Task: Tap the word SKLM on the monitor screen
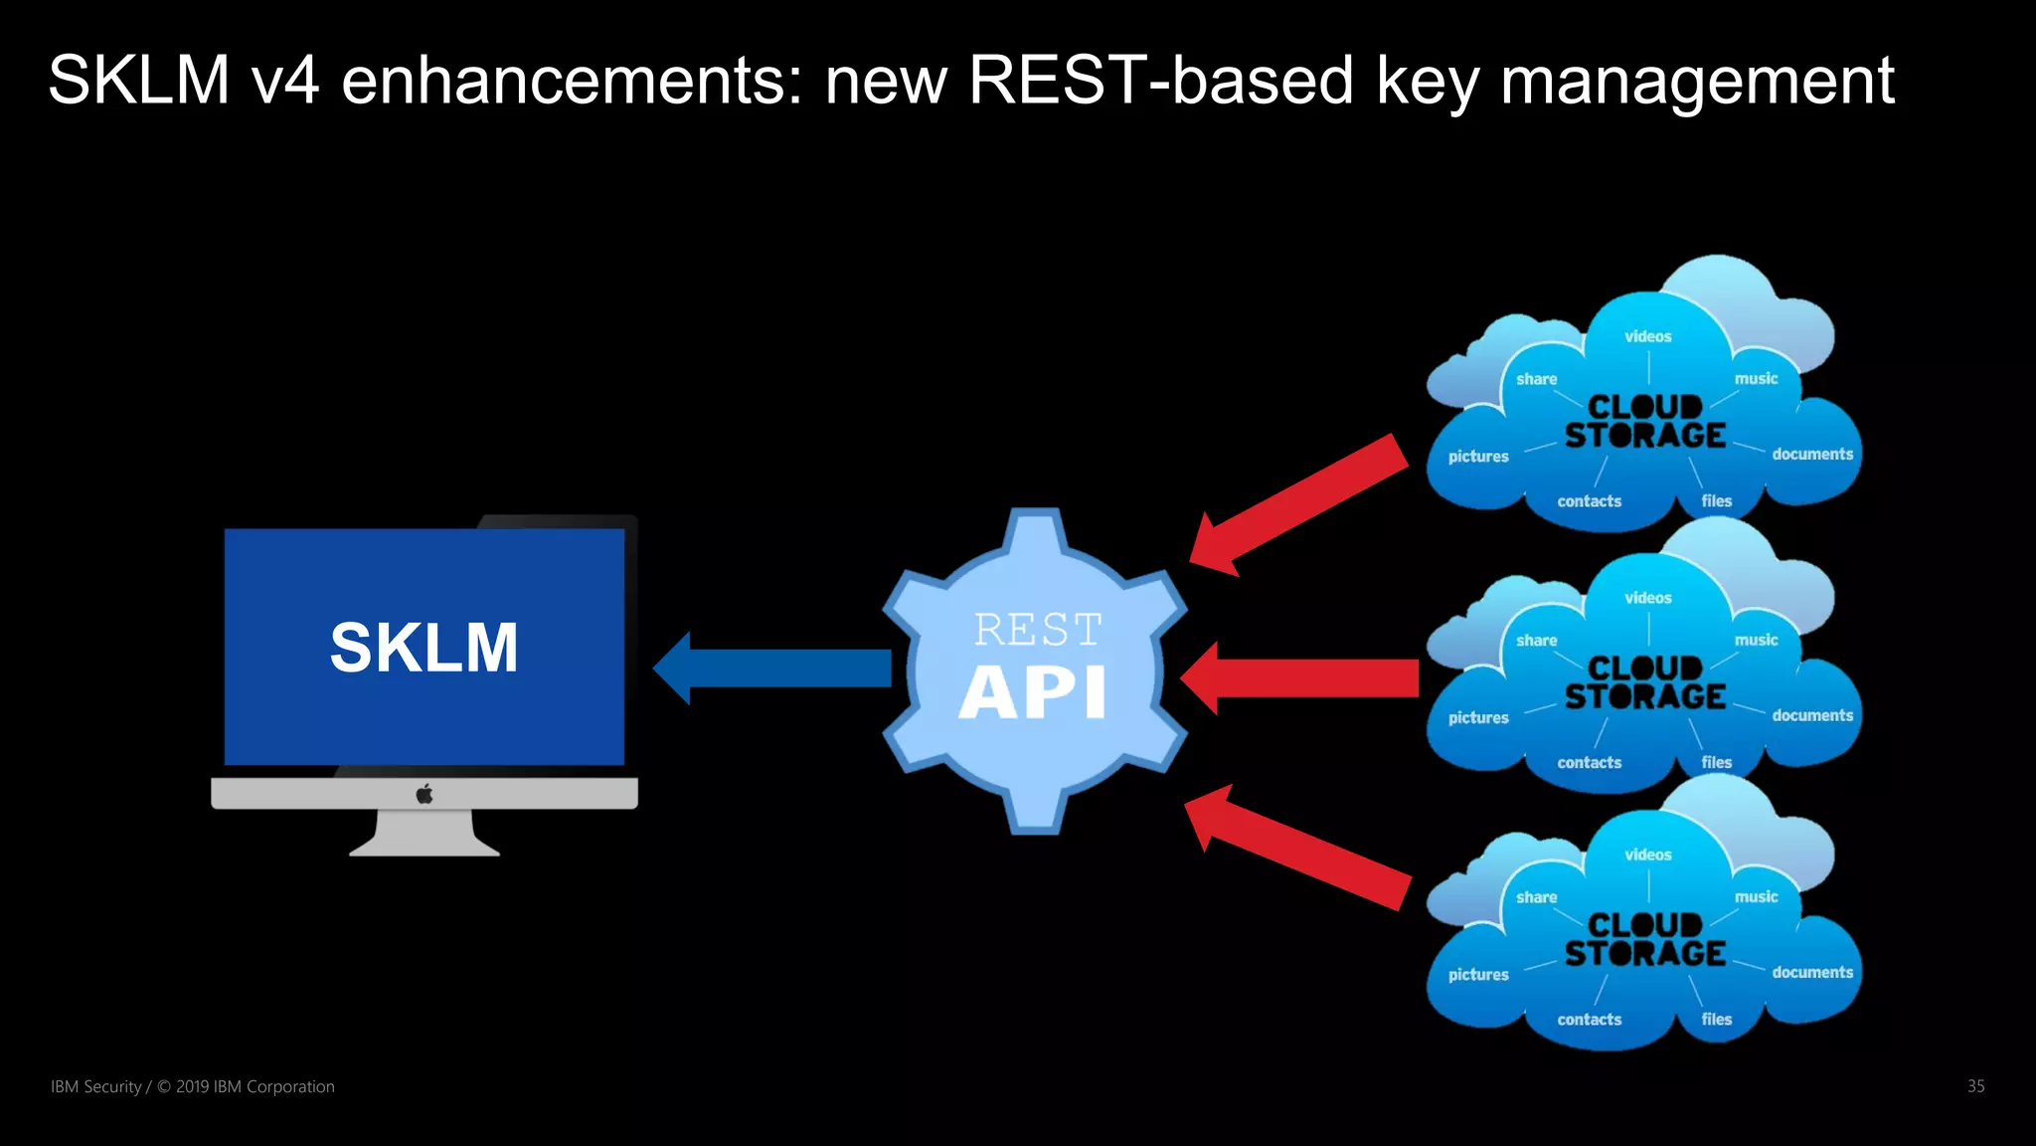point(424,648)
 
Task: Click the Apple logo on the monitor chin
point(424,794)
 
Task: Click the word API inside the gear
point(1033,692)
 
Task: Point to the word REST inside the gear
point(1037,630)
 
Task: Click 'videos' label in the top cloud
point(1647,336)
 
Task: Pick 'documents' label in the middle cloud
point(1811,715)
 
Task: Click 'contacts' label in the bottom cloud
point(1589,1020)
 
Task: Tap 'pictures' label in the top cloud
point(1478,457)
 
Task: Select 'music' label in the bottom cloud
point(1756,896)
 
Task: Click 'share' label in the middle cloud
point(1536,641)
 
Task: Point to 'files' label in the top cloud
point(1716,501)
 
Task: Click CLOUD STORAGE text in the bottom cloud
point(1645,940)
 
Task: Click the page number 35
point(1975,1086)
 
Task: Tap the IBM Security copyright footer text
point(193,1086)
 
